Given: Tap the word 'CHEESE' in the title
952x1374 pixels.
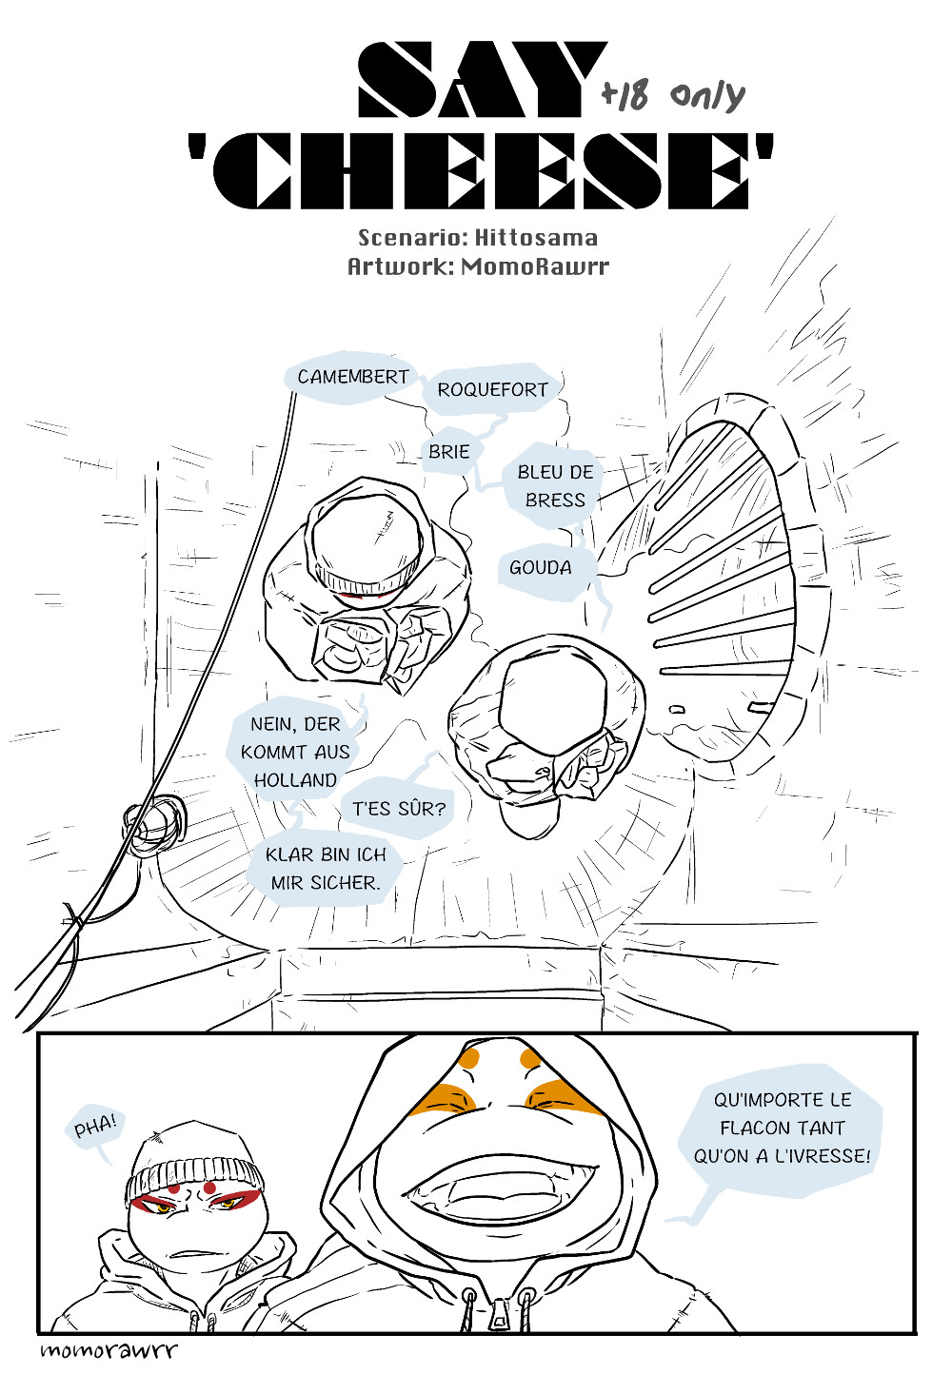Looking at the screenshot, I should [x=491, y=171].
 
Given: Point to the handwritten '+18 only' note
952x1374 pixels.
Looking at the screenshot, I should [x=672, y=95].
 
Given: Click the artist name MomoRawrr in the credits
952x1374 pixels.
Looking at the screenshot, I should [x=534, y=265].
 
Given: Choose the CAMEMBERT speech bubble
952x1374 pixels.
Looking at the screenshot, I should [x=351, y=378].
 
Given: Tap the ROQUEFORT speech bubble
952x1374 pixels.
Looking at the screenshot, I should [x=491, y=389].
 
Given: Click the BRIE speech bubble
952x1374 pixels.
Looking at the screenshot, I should [x=448, y=452].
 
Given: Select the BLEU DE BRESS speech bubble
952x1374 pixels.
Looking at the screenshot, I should [x=555, y=485].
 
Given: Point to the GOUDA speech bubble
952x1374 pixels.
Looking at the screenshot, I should [x=540, y=568].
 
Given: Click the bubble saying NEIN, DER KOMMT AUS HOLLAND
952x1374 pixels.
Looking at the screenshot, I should [x=294, y=752].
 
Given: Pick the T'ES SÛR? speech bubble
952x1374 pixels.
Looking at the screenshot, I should [x=398, y=809].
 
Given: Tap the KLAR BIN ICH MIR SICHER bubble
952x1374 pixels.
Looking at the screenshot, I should [x=326, y=869].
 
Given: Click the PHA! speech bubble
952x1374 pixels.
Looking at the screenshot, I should [x=95, y=1127].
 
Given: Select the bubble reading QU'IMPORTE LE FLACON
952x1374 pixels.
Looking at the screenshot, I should [x=782, y=1129].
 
